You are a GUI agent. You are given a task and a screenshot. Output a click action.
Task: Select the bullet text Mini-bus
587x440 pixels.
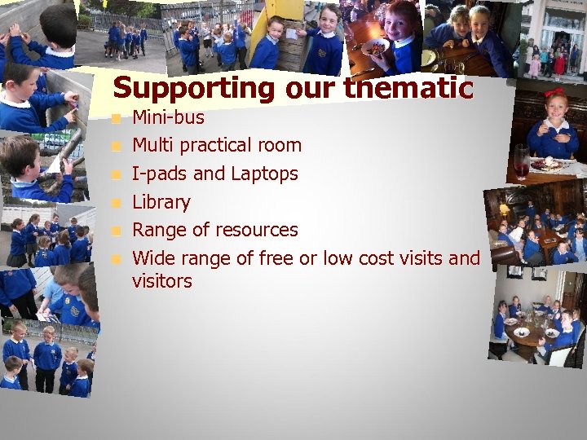tap(168, 118)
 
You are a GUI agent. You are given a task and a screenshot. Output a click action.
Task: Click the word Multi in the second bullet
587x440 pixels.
tap(153, 146)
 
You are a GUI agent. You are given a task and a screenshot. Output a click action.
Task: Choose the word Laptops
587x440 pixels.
tap(264, 174)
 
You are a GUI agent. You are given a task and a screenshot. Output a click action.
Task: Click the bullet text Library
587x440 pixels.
tap(161, 202)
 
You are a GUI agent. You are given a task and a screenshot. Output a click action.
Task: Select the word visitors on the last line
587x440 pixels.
tap(162, 282)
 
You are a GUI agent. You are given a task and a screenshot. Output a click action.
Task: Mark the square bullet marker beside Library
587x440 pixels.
tap(117, 203)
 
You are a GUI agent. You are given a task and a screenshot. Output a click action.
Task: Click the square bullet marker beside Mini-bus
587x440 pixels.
tap(117, 119)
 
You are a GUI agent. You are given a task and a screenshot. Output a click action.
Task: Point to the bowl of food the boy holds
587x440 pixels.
tap(374, 46)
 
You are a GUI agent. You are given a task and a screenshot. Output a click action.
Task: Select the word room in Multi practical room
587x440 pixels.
tap(280, 146)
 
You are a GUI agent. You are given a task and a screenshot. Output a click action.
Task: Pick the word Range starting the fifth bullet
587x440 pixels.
tap(158, 231)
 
